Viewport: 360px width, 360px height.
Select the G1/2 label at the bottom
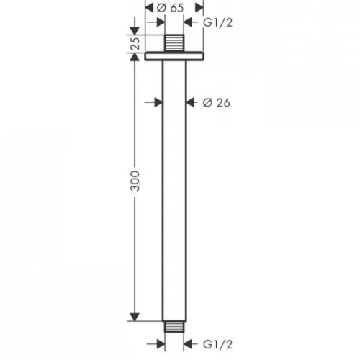coord(217,346)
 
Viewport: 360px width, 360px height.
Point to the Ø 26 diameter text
coord(216,104)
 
